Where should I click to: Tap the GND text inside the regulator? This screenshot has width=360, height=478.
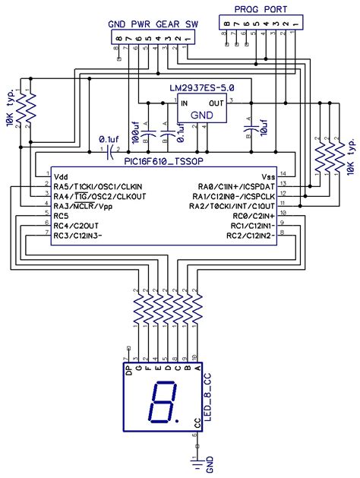tap(201, 114)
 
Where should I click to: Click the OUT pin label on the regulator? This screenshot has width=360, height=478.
tap(217, 102)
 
